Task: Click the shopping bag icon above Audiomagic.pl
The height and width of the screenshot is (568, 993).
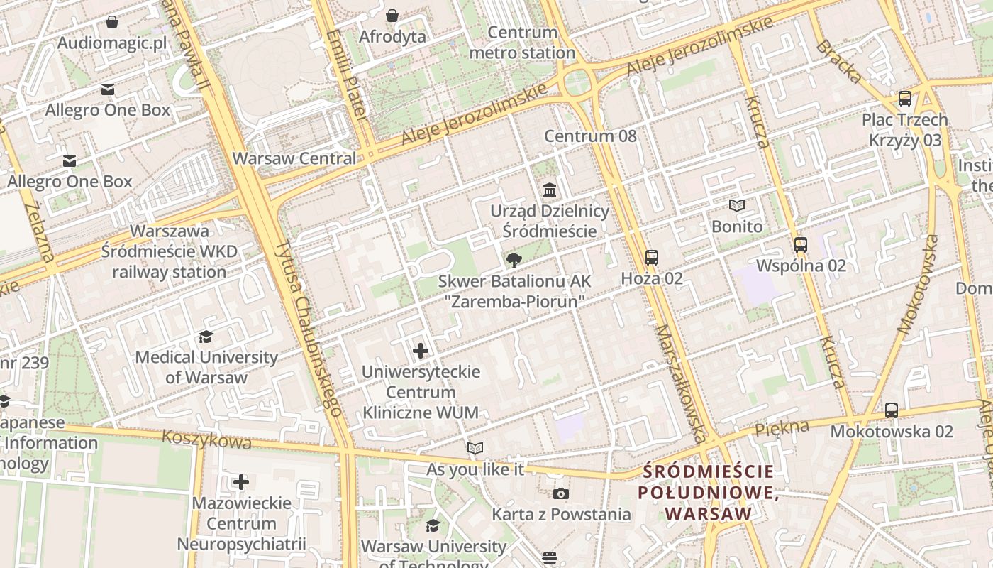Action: [111, 22]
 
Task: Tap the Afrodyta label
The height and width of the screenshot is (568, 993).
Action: [392, 36]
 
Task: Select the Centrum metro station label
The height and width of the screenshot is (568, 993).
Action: [522, 43]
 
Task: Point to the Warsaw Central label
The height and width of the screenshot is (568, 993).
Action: [294, 158]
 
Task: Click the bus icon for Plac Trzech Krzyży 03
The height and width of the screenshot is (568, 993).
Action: [904, 99]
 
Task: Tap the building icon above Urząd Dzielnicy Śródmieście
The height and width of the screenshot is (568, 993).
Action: [550, 190]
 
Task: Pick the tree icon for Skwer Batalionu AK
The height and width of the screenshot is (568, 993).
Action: [514, 261]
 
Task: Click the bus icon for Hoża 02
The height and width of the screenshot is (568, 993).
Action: [651, 258]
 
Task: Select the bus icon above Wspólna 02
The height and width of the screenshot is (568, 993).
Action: [801, 245]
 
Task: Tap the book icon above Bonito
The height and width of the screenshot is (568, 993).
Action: [737, 206]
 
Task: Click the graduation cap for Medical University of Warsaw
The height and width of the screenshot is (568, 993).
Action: [206, 337]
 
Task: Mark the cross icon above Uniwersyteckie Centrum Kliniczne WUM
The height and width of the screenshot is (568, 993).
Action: [421, 350]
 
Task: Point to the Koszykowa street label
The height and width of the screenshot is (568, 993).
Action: [206, 439]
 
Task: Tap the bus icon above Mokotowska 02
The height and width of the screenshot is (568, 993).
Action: [892, 410]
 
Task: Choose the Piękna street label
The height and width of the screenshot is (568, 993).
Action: [782, 428]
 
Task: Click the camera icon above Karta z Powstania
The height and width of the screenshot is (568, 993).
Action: [560, 493]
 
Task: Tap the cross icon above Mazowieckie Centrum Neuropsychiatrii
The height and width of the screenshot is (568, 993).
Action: [241, 483]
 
